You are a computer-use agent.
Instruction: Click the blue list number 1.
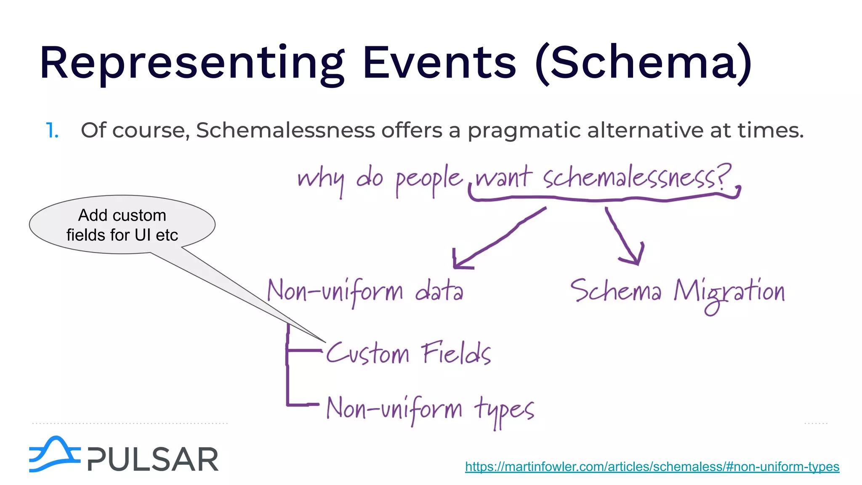[52, 131]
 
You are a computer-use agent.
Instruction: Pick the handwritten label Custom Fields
[408, 353]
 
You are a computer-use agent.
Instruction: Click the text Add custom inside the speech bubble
[122, 216]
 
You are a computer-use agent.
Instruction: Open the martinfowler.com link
[652, 466]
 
